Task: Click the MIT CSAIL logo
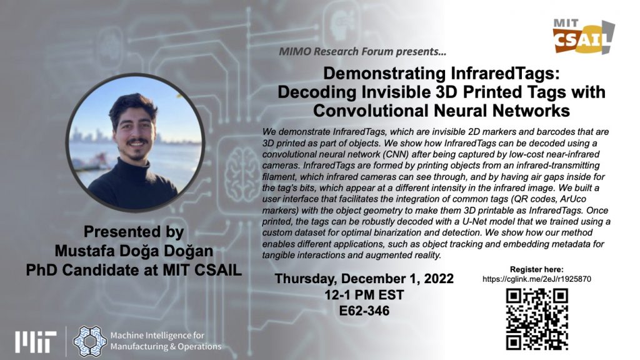click(x=584, y=36)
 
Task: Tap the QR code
click(x=537, y=319)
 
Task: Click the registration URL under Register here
click(x=536, y=279)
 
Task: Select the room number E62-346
click(x=364, y=311)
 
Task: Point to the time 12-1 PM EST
click(x=364, y=295)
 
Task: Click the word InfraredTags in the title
click(x=505, y=74)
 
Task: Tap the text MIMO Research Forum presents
click(x=362, y=51)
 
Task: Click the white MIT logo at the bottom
click(x=36, y=342)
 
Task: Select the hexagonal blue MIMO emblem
click(x=90, y=341)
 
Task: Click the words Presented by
click(x=134, y=232)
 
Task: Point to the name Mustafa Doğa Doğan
click(x=134, y=251)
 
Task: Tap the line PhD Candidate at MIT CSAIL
click(x=134, y=270)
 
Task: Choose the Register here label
click(x=536, y=269)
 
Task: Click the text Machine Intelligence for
click(x=157, y=336)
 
